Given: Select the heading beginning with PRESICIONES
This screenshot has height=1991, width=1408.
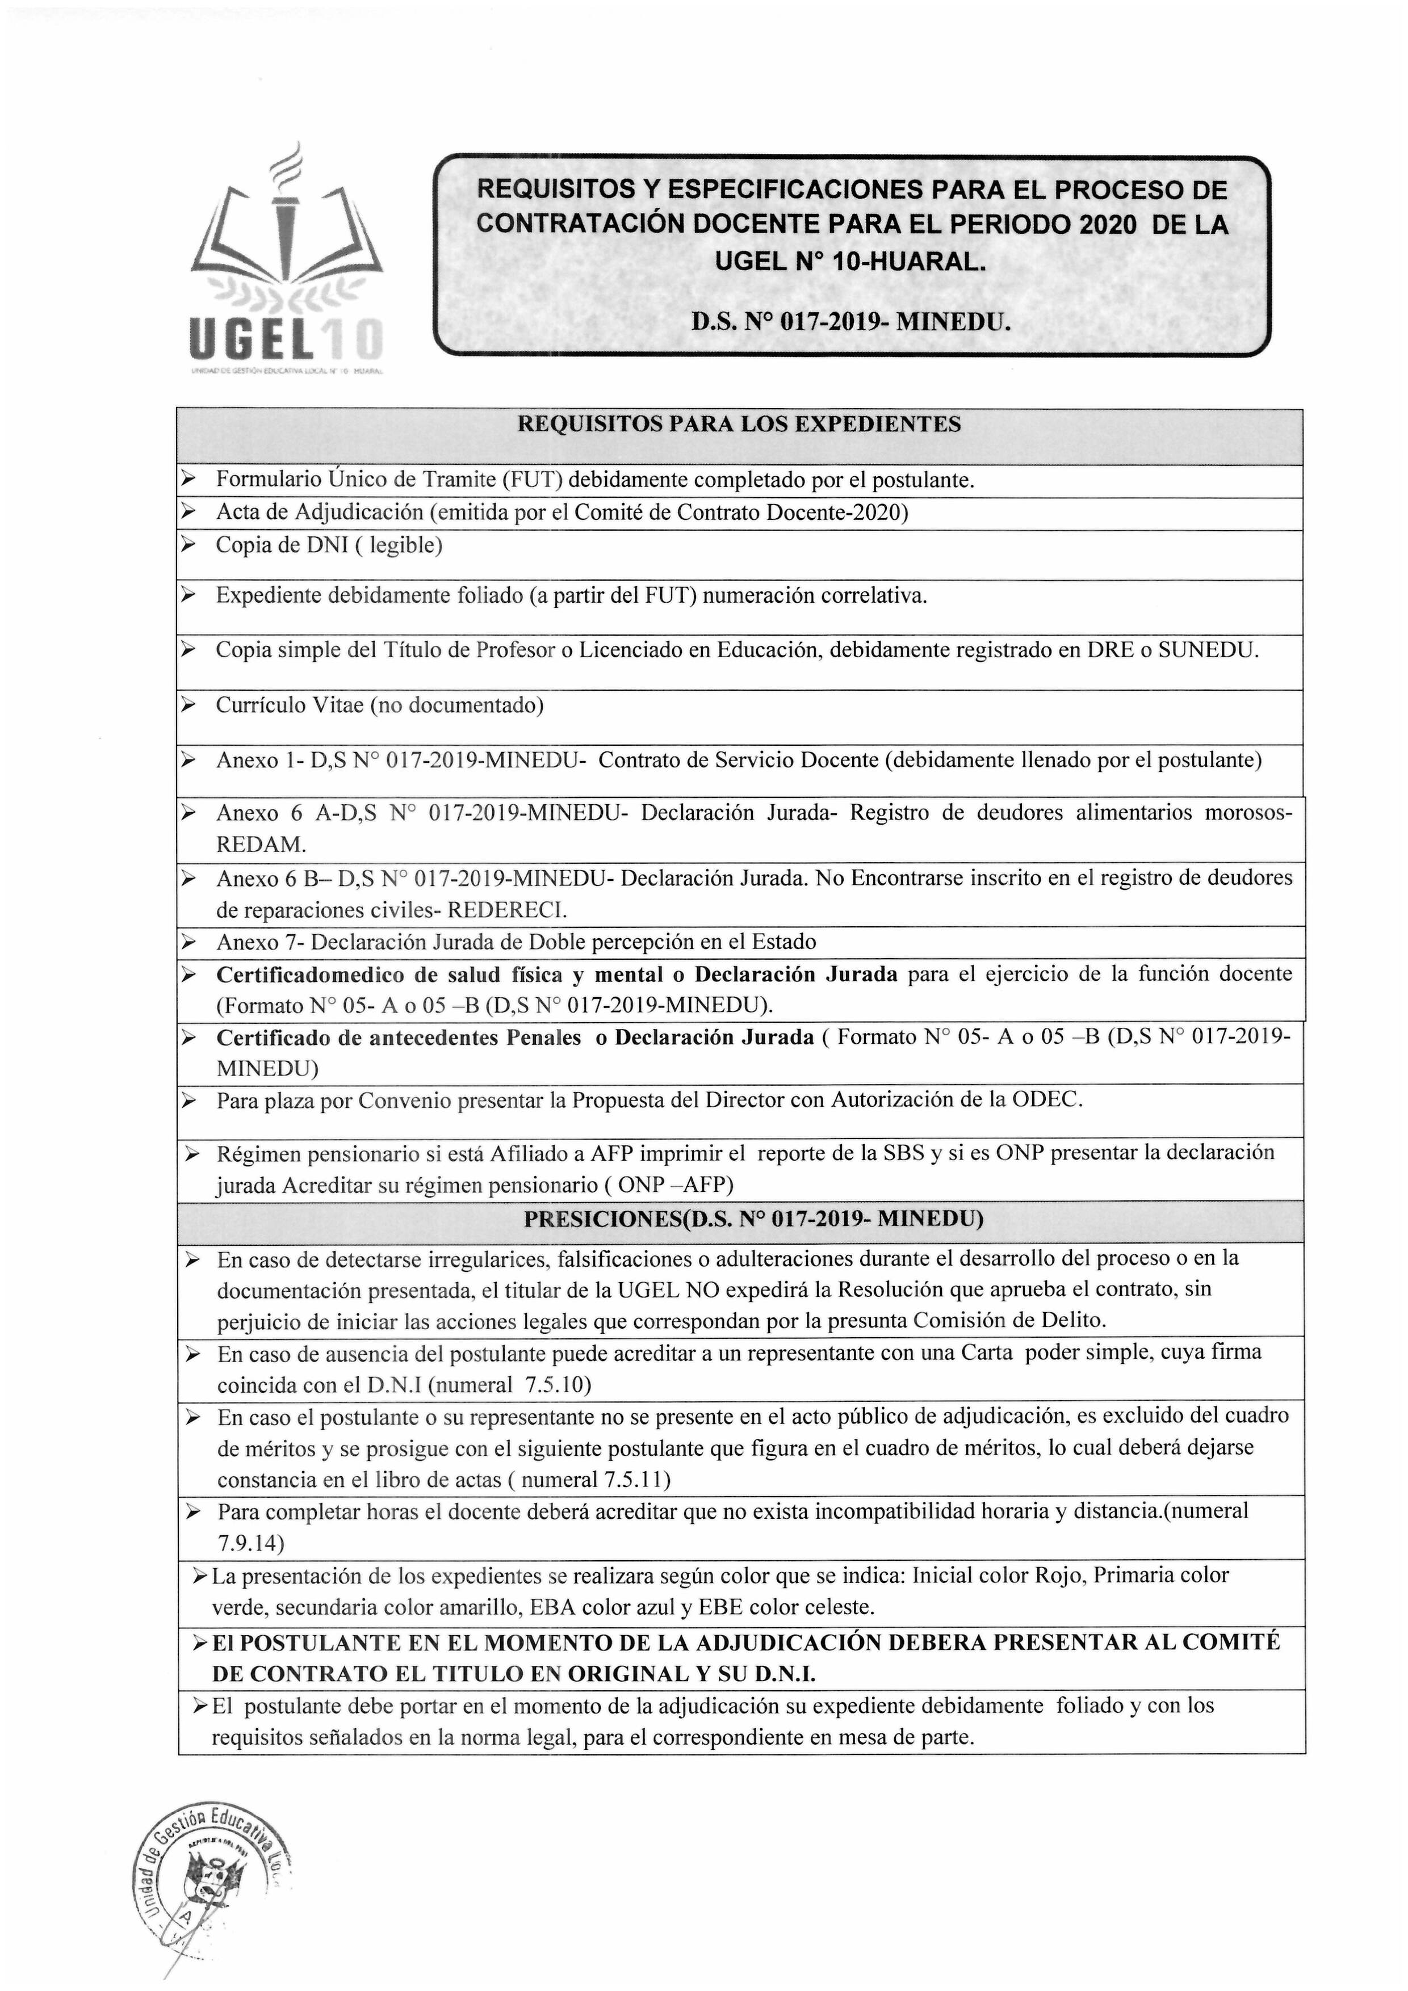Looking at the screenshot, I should coord(753,1219).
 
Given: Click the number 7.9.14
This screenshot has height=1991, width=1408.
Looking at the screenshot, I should coord(251,1544).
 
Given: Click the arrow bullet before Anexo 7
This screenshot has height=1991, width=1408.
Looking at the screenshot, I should coord(187,942).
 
